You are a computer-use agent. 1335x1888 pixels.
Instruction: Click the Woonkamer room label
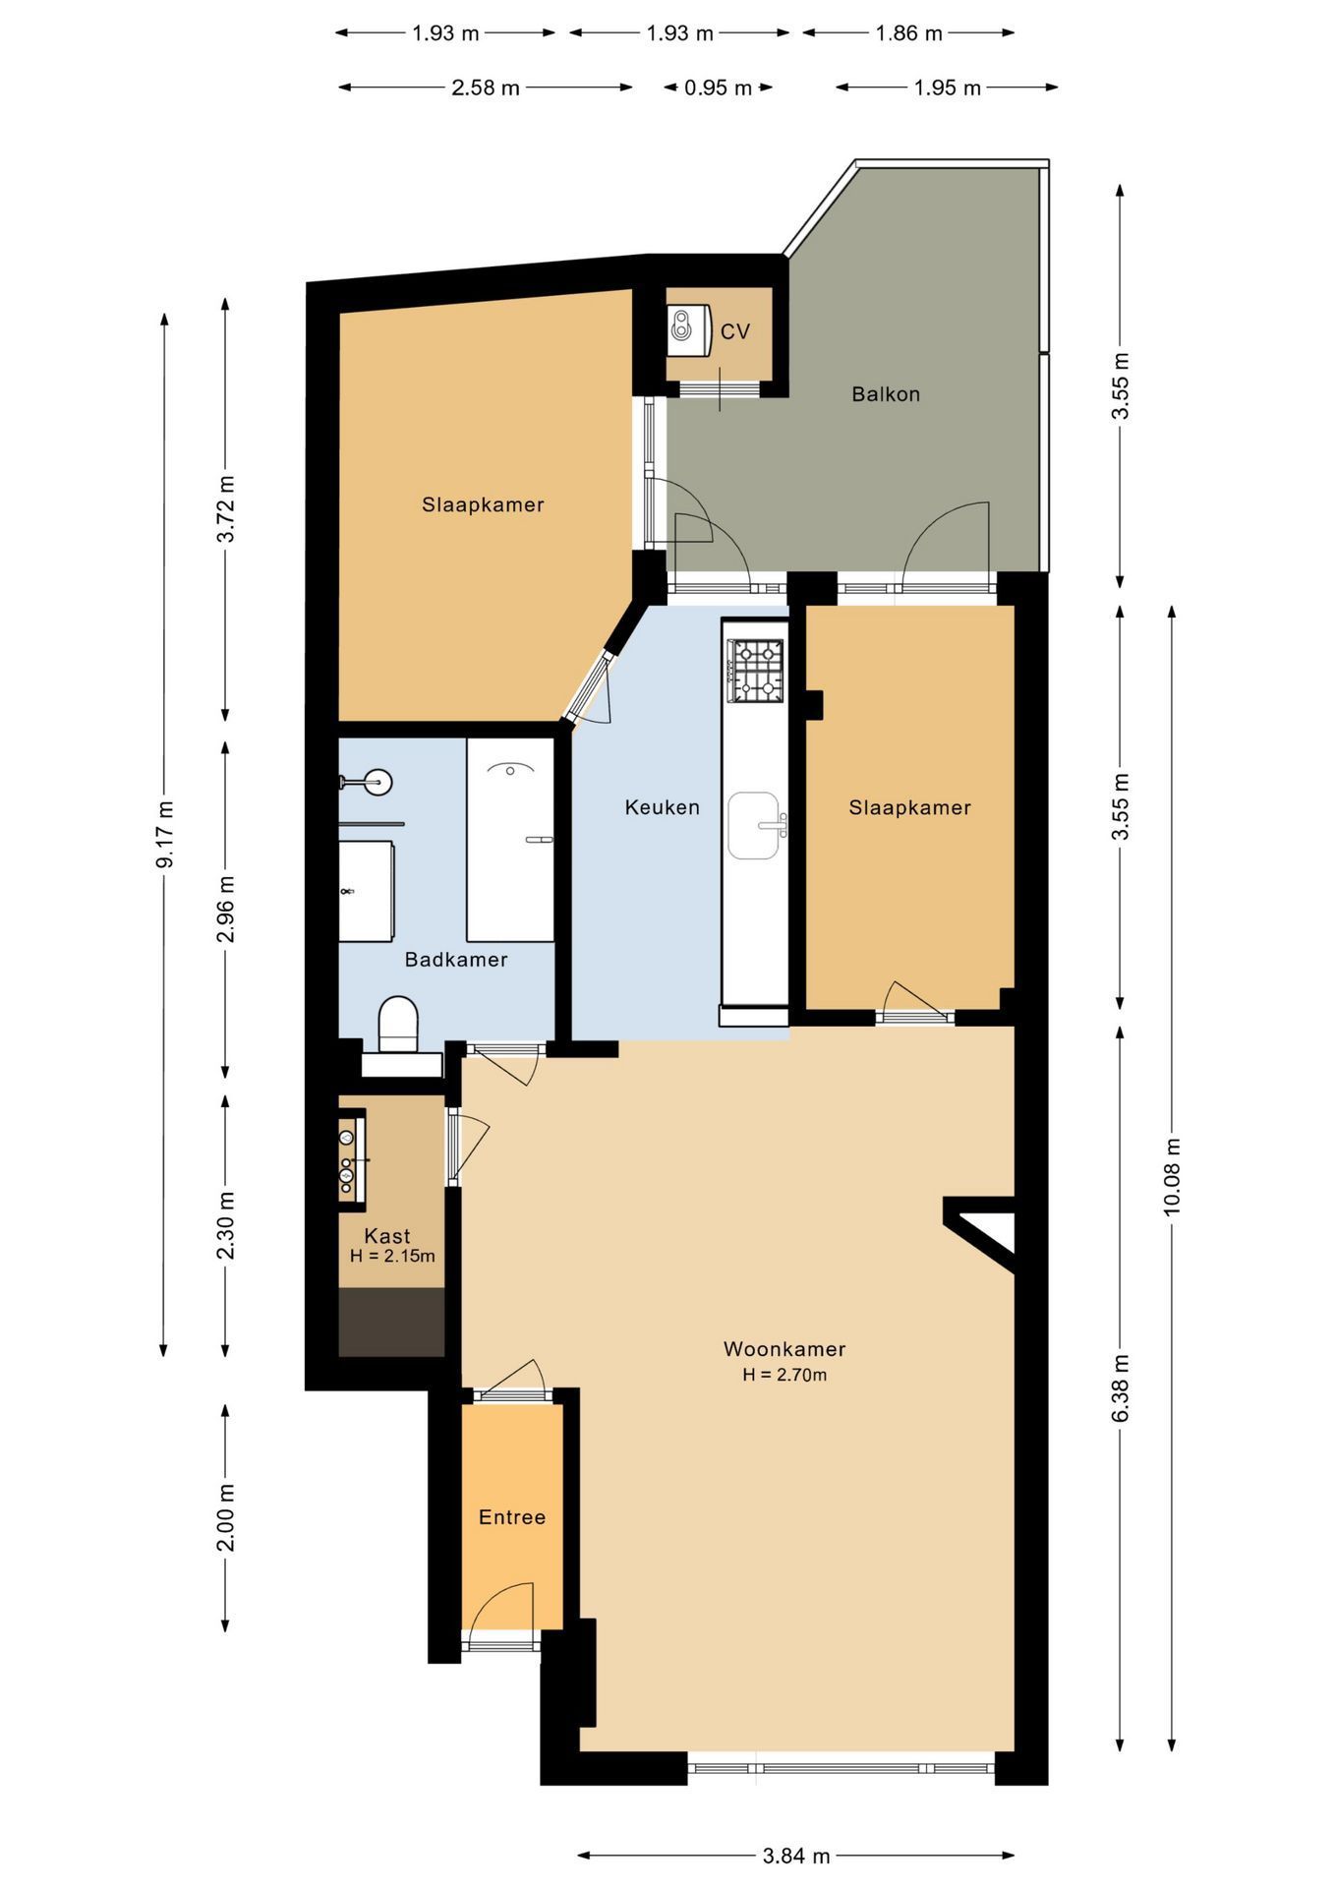click(784, 1349)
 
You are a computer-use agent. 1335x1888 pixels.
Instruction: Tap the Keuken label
click(663, 807)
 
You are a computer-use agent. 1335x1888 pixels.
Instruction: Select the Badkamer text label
click(456, 959)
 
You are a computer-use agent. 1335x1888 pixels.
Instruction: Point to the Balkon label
click(886, 394)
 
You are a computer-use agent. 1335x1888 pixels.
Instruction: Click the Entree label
click(512, 1516)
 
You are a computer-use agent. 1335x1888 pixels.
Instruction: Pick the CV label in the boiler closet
click(735, 331)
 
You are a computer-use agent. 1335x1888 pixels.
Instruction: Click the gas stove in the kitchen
click(756, 671)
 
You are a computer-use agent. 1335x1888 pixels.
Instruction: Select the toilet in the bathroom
click(398, 1025)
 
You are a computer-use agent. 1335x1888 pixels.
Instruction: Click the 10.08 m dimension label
click(1172, 1177)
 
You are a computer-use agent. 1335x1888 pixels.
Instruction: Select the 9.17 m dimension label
click(164, 834)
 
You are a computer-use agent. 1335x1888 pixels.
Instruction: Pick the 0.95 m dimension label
click(719, 88)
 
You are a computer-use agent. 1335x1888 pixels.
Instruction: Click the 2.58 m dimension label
click(486, 88)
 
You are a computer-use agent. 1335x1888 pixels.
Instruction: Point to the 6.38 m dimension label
click(1121, 1386)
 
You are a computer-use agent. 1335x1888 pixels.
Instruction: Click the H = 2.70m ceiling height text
click(784, 1375)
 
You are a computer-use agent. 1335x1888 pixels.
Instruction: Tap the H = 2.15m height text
click(392, 1256)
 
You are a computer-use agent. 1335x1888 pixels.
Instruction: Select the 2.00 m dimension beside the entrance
click(226, 1516)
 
